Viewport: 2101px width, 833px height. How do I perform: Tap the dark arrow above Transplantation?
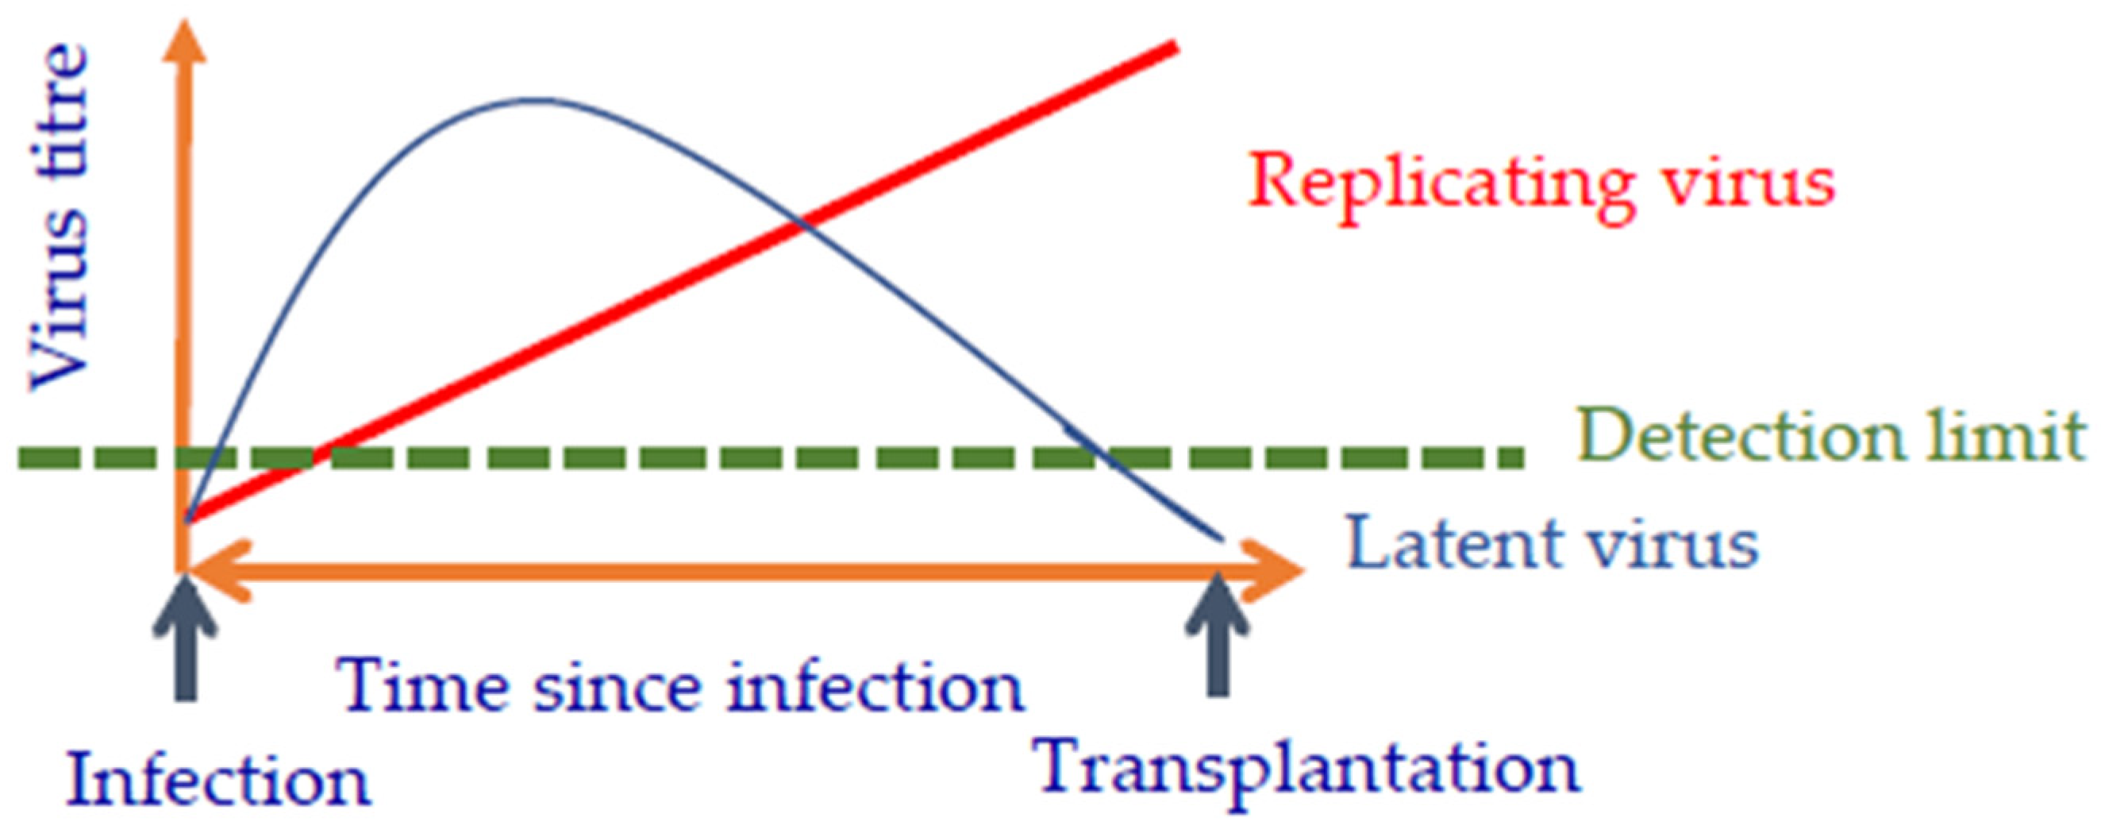1218,645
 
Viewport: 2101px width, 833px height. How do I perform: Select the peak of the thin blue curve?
534,100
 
